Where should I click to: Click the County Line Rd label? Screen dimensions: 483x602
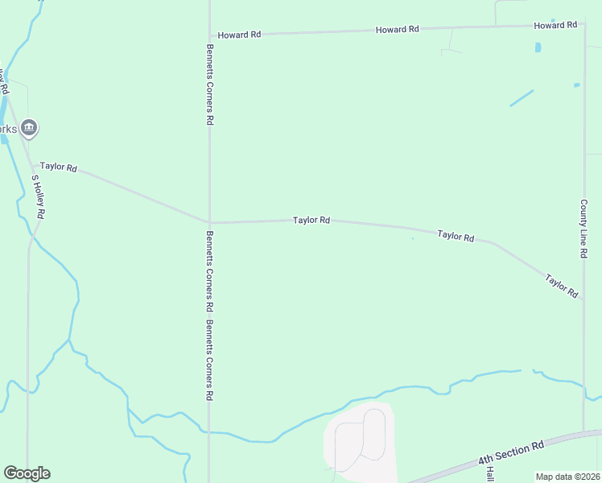[583, 229]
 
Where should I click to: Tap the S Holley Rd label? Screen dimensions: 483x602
[38, 197]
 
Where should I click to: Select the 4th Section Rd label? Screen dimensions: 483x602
[511, 452]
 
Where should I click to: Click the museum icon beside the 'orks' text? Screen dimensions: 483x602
[30, 127]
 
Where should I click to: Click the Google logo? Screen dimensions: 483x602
[27, 473]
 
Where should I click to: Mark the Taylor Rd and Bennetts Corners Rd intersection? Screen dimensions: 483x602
[209, 223]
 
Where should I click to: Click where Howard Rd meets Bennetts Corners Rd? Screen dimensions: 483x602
[209, 35]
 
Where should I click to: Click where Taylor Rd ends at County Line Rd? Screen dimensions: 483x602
[583, 299]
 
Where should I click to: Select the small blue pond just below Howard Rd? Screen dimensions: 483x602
[538, 47]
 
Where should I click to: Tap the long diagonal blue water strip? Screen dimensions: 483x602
[522, 98]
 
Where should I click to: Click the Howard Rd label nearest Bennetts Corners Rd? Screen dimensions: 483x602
[239, 35]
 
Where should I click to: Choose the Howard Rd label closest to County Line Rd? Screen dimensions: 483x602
[555, 26]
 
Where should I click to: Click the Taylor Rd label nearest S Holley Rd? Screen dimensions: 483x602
[58, 167]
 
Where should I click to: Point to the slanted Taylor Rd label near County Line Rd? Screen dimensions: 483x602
[562, 287]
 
